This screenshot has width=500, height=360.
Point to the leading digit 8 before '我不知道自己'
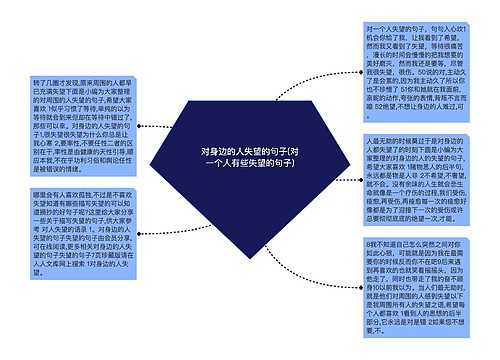point(369,243)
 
